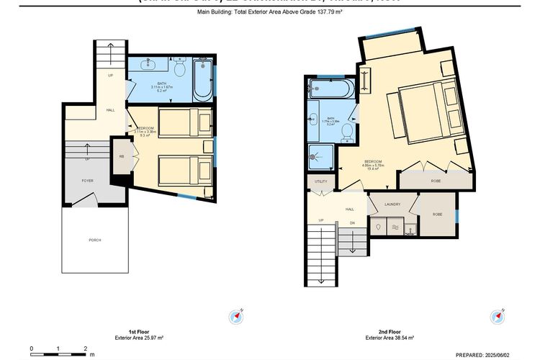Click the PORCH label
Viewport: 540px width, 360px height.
click(94, 239)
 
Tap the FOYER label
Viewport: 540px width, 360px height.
click(87, 181)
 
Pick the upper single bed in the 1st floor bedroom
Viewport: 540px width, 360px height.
click(184, 122)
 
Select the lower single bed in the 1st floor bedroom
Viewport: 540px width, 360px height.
click(184, 171)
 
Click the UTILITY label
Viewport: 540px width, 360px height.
click(320, 181)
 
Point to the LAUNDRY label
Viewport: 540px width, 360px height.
click(392, 204)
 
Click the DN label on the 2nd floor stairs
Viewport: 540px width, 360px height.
click(353, 222)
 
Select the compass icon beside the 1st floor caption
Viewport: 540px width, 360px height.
click(237, 316)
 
